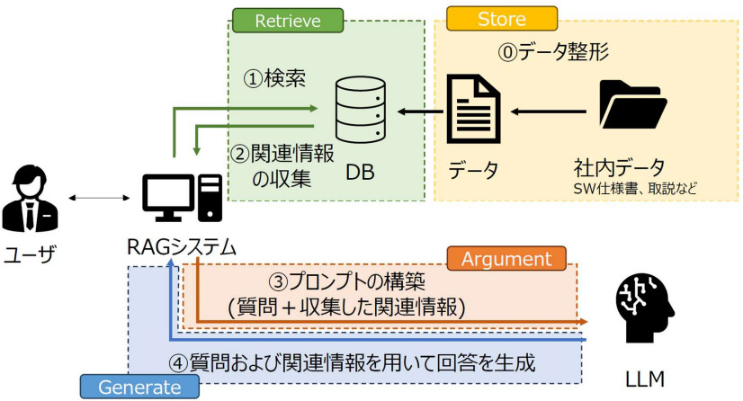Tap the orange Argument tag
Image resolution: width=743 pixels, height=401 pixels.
coord(506,259)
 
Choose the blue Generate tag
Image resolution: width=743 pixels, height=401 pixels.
coord(139,387)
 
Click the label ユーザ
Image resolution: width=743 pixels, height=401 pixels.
coord(29,254)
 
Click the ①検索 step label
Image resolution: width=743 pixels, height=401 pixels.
coord(275,78)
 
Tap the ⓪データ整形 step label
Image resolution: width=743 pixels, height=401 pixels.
coord(554,52)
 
